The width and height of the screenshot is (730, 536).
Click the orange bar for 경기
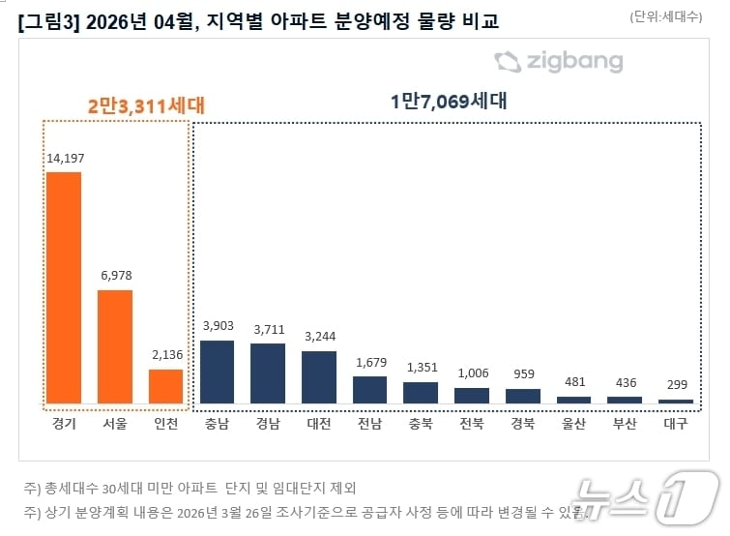click(x=64, y=287)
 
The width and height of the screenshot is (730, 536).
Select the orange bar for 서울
click(x=115, y=345)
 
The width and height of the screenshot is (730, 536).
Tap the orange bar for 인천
click(x=165, y=385)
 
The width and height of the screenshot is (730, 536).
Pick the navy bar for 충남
click(x=217, y=371)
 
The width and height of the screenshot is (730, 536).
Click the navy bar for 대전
click(x=319, y=376)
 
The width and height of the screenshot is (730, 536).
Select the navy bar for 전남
click(x=369, y=389)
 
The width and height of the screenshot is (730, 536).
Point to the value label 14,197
click(x=64, y=159)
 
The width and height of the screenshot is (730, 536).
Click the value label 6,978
click(x=115, y=276)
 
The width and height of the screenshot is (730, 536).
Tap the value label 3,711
click(x=268, y=330)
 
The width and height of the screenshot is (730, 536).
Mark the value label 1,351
click(x=421, y=368)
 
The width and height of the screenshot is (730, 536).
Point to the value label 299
click(x=676, y=385)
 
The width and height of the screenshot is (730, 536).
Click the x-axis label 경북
click(x=523, y=424)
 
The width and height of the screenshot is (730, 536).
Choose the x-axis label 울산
click(x=573, y=424)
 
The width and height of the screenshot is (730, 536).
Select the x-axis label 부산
click(x=625, y=424)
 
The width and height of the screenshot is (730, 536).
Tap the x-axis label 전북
click(x=472, y=424)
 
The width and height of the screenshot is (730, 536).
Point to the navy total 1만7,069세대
click(x=449, y=101)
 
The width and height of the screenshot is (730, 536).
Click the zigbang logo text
click(x=574, y=63)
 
